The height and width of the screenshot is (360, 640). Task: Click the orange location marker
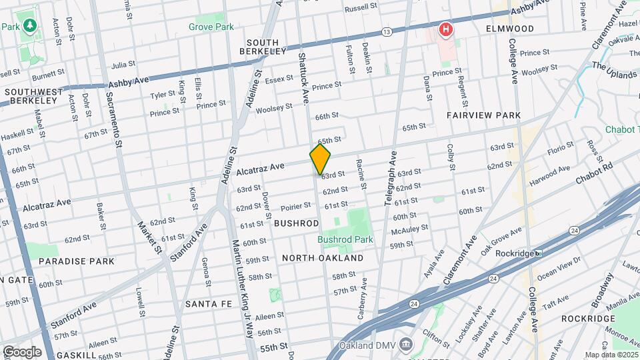320,159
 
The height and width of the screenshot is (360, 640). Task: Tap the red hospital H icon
445,29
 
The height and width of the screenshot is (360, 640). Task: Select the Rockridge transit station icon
538,253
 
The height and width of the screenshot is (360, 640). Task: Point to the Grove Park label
211,27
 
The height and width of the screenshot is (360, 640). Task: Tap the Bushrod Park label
345,239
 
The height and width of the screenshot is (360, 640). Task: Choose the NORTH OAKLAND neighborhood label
323,258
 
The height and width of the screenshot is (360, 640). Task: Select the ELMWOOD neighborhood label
511,29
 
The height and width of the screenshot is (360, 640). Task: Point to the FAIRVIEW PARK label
483,115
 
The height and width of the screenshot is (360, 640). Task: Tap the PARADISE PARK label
76,262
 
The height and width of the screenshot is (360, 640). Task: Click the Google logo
22,351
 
